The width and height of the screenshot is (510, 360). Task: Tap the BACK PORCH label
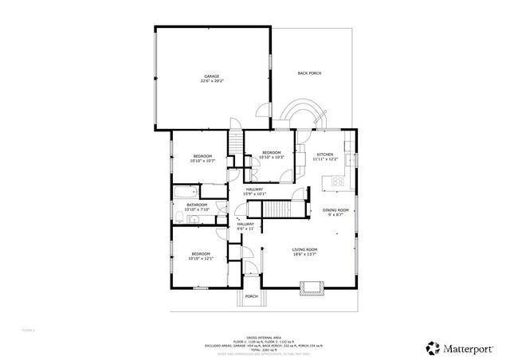(x=309, y=73)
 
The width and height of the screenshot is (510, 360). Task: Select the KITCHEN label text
(x=325, y=155)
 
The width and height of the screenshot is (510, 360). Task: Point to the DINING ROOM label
(x=335, y=210)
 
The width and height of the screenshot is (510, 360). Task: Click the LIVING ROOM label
(x=305, y=250)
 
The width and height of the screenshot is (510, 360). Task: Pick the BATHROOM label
(x=197, y=205)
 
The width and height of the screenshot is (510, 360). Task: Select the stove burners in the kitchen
(x=338, y=180)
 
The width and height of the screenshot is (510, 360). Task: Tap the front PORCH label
(x=251, y=296)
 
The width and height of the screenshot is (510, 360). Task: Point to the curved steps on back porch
(x=302, y=112)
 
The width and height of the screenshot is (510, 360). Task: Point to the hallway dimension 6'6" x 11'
(x=245, y=229)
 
